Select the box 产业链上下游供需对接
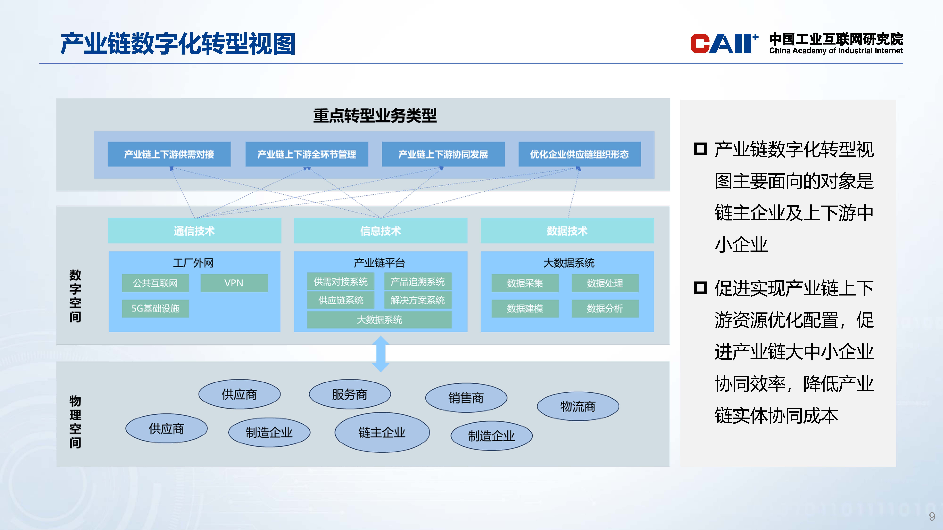click(x=169, y=154)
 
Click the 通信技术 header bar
click(x=194, y=230)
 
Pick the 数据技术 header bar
click(x=567, y=230)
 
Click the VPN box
click(x=234, y=283)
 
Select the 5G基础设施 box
click(x=155, y=308)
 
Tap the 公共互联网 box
click(x=155, y=283)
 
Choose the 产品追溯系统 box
click(x=417, y=281)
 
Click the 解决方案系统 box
click(x=417, y=300)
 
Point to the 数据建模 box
click(x=525, y=308)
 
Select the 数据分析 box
click(x=605, y=308)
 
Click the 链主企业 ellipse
click(x=382, y=432)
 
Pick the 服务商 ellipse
click(x=350, y=394)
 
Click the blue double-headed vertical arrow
click(x=381, y=354)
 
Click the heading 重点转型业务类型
click(x=375, y=116)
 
